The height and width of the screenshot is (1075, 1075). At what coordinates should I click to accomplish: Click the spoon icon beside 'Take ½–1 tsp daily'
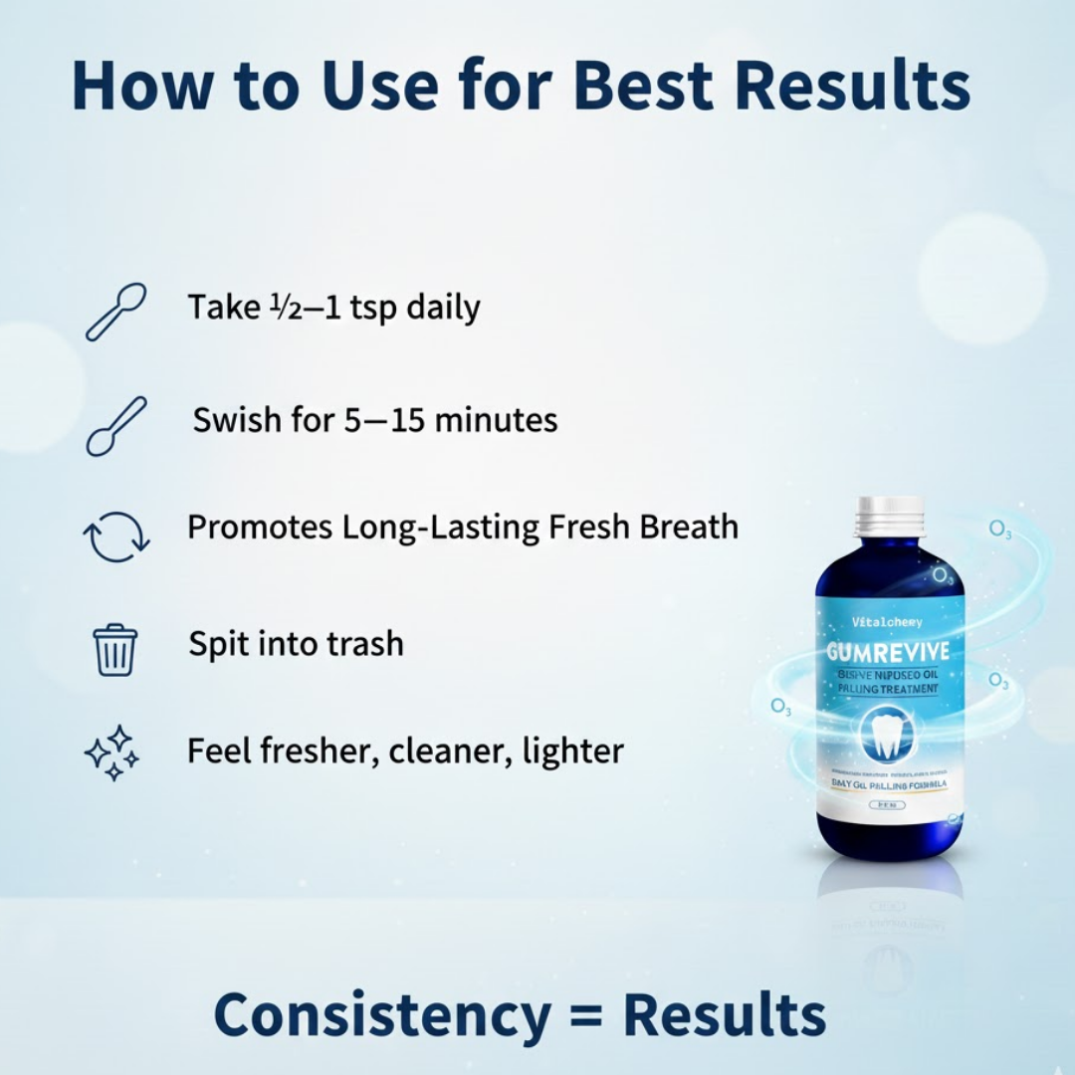(115, 313)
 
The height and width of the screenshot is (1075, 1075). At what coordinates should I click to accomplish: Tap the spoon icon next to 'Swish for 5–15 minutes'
(115, 426)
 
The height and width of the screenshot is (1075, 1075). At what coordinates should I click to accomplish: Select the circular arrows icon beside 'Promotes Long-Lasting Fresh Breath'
(115, 537)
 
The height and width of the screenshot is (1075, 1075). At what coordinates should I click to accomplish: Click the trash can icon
(115, 649)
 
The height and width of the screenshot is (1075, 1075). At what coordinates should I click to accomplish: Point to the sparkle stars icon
(111, 752)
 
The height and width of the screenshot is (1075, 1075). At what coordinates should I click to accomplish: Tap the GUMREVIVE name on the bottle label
(888, 654)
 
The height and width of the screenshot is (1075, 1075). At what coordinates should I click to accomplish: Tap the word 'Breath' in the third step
(688, 527)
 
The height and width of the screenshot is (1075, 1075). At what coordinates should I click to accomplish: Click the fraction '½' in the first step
(280, 308)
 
